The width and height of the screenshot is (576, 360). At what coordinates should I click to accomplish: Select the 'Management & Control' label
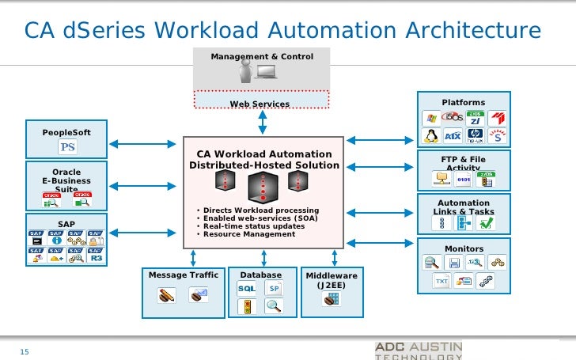(262, 57)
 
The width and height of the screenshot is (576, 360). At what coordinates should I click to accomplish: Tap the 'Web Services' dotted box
(260, 104)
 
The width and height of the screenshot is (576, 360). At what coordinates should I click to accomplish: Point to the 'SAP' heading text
(66, 224)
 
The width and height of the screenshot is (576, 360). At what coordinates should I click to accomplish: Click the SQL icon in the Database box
(246, 288)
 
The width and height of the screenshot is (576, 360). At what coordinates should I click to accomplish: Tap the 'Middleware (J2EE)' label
(332, 280)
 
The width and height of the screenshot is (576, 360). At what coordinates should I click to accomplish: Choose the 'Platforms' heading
(463, 102)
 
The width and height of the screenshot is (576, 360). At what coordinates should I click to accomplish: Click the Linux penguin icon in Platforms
(431, 136)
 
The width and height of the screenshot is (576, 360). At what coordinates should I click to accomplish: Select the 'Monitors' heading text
(464, 248)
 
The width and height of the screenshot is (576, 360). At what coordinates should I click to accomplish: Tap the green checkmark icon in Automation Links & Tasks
(486, 223)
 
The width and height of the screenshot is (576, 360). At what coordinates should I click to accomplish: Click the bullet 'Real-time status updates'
(254, 226)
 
